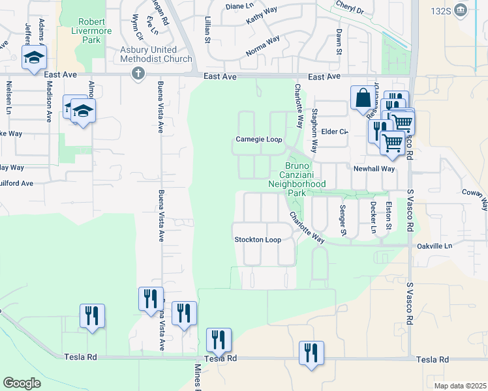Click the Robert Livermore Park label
coord(91,31)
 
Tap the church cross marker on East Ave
coord(138,73)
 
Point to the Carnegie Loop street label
coord(258,139)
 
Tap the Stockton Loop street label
coord(258,240)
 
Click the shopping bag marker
coord(361,98)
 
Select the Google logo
coord(22,383)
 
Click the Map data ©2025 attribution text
coord(460,386)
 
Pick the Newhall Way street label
coord(374,168)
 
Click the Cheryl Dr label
coord(350,8)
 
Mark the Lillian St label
coord(207,30)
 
